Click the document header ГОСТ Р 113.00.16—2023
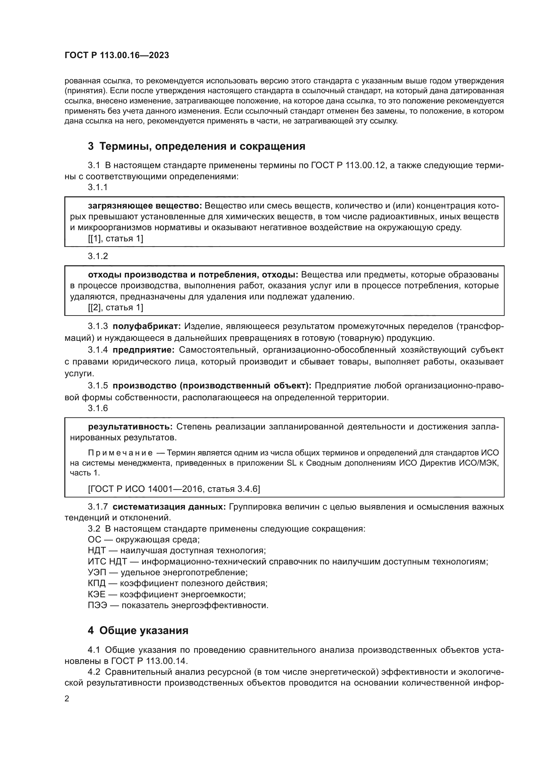click(117, 55)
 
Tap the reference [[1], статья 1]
click(115, 238)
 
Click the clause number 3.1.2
click(98, 256)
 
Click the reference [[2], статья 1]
click(115, 307)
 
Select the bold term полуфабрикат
click(146, 326)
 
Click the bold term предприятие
click(143, 350)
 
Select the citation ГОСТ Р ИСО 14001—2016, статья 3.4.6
click(174, 489)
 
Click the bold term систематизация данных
click(169, 507)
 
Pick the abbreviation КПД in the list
click(97, 583)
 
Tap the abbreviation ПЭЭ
click(97, 605)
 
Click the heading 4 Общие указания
click(138, 630)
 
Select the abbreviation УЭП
click(97, 572)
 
